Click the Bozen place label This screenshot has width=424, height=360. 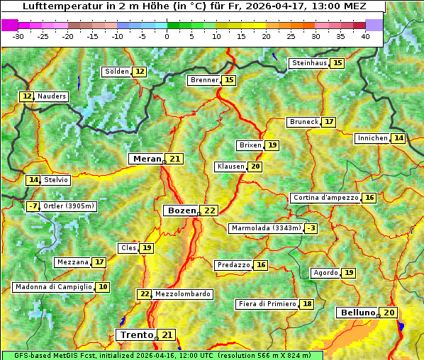(182, 210)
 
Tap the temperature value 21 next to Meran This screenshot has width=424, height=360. (174, 159)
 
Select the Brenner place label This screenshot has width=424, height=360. (204, 80)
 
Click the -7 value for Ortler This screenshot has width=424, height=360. (33, 206)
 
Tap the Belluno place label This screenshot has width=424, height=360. (357, 313)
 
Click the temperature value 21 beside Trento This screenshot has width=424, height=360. (167, 334)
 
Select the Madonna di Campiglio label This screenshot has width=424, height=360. (53, 287)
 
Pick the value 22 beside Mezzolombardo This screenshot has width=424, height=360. (145, 294)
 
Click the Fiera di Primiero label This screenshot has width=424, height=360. (267, 304)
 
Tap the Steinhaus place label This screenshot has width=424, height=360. (309, 63)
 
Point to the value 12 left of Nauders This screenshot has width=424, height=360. (27, 96)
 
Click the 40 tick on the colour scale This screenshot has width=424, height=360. (365, 35)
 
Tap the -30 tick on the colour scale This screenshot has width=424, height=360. (18, 35)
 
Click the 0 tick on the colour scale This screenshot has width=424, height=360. (167, 35)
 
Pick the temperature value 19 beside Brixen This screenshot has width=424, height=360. (272, 145)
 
